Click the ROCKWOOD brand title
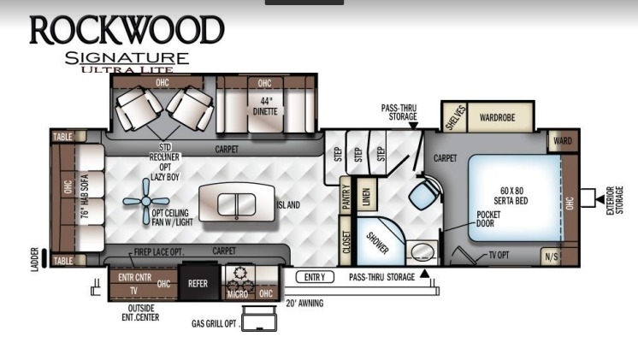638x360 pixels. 127,30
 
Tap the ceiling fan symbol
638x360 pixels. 146,201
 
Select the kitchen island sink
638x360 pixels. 236,204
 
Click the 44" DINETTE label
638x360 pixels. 265,106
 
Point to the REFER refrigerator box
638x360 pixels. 198,283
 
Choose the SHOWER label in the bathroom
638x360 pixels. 377,243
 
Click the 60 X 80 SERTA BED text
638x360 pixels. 511,196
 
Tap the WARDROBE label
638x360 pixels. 497,117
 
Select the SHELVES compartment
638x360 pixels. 455,117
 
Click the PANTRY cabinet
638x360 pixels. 346,196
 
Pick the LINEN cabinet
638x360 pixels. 366,195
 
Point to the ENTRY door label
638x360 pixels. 315,277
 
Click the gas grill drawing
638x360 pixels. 259,318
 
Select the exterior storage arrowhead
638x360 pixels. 600,199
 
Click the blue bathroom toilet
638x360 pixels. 425,194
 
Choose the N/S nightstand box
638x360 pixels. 551,257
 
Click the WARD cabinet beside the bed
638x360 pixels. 563,141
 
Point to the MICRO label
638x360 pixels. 238,293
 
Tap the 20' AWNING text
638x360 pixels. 304,303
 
